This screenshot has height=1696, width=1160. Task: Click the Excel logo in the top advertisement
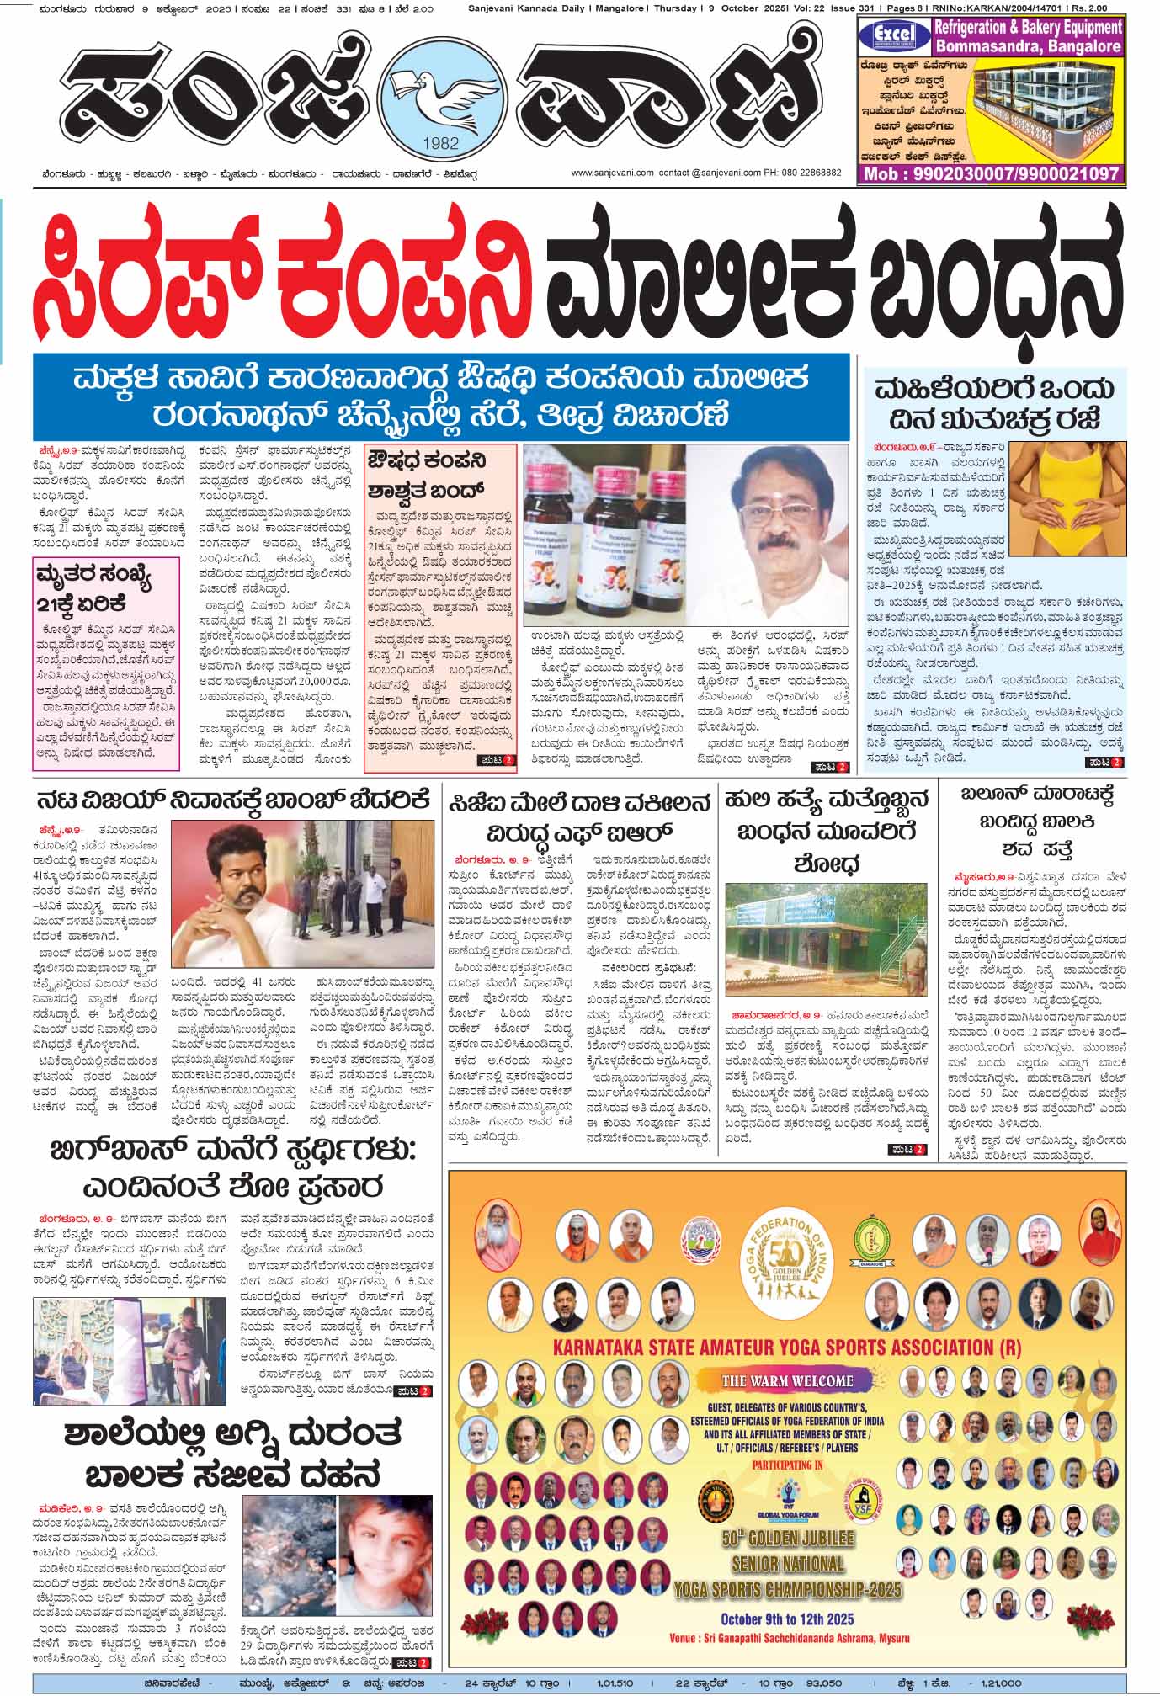point(892,34)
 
